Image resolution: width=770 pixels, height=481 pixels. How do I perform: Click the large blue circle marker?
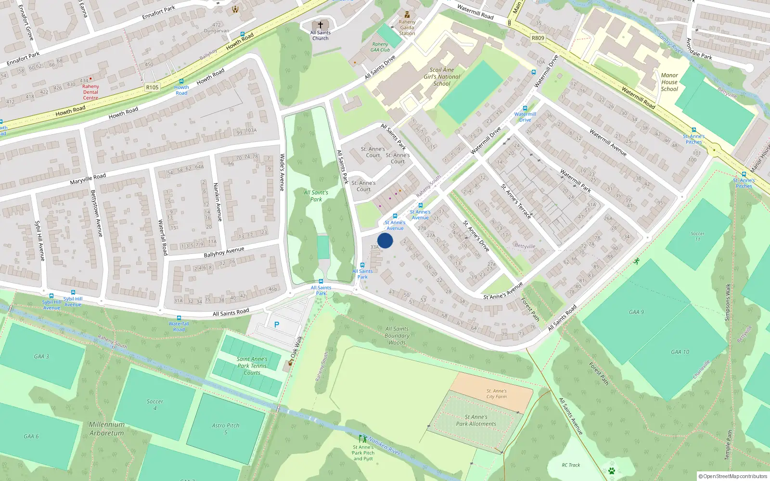385,240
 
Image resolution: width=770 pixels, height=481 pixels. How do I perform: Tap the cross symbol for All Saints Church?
320,25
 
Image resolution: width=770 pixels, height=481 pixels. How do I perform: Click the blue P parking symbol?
277,325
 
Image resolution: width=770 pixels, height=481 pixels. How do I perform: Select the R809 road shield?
538,38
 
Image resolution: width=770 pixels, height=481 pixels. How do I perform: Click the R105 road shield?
152,87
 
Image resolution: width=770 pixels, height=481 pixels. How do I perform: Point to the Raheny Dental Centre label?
90,92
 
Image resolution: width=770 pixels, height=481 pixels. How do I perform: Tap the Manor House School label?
669,82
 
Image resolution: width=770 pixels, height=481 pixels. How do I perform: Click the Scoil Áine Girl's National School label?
442,76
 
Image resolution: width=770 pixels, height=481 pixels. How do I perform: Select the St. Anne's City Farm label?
496,394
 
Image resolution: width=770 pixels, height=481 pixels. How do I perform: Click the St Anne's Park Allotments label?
476,420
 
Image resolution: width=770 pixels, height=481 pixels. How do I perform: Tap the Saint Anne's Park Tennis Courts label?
252,366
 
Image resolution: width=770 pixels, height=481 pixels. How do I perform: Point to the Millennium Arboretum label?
106,429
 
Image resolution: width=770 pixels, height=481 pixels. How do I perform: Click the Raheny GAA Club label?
380,47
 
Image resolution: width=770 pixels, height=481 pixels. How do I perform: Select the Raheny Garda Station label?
407,27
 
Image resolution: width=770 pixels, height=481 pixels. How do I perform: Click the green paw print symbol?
612,470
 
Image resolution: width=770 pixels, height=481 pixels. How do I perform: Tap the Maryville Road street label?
88,179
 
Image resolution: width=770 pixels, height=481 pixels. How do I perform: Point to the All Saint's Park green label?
316,196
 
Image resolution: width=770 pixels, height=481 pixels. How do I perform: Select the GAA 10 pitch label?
680,352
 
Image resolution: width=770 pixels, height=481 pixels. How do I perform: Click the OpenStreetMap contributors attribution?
733,476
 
